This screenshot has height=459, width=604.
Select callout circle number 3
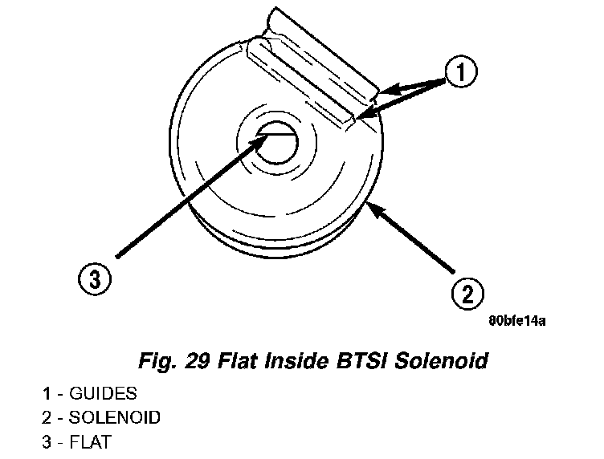(x=95, y=279)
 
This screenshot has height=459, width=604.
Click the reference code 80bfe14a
(x=518, y=319)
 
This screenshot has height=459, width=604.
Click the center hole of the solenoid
(x=275, y=142)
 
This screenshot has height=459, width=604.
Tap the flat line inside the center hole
(x=278, y=134)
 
